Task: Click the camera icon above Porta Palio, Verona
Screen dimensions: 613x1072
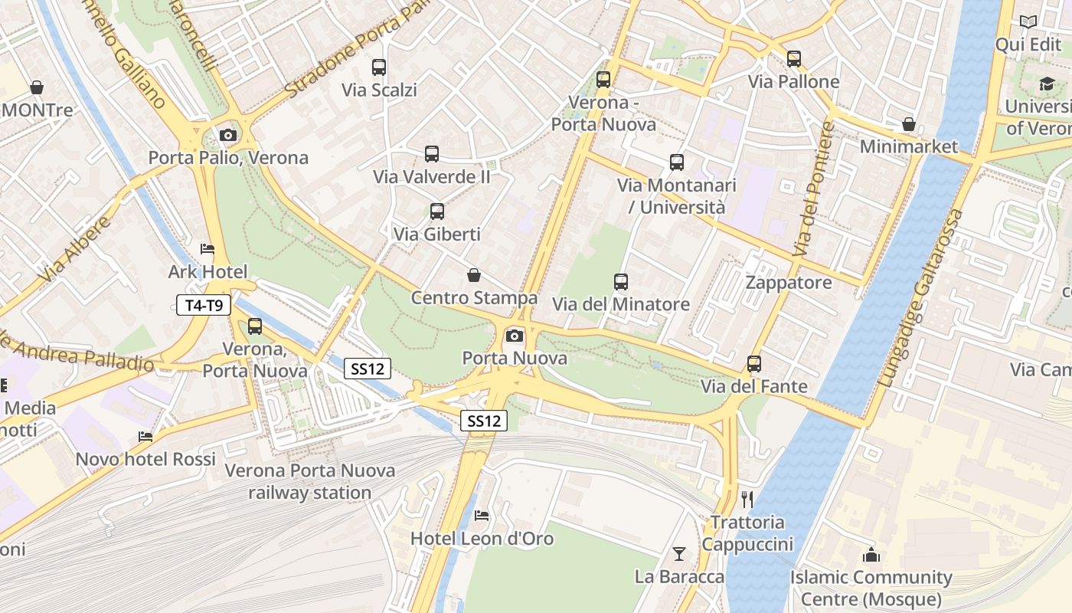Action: point(227,136)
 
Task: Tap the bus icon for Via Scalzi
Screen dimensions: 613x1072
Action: point(379,67)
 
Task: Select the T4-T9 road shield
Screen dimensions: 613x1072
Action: point(204,305)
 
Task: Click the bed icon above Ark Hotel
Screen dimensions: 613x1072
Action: point(208,249)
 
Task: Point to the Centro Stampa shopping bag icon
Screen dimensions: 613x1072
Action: point(474,275)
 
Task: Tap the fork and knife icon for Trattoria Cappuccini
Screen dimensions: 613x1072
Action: point(747,500)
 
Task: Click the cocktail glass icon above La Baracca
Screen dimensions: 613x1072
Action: point(679,553)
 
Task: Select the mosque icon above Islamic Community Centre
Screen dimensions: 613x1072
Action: point(871,555)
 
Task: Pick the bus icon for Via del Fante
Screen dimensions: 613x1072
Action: point(754,364)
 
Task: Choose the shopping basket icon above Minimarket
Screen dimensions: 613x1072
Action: point(909,124)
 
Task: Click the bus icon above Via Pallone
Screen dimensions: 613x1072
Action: point(794,59)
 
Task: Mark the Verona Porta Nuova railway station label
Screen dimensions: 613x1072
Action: point(310,481)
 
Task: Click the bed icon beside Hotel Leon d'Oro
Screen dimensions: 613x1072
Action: point(482,516)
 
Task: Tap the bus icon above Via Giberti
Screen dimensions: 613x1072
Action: point(437,211)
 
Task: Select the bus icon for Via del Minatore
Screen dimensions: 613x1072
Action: point(621,282)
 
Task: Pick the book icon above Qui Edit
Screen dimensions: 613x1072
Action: point(1028,22)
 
